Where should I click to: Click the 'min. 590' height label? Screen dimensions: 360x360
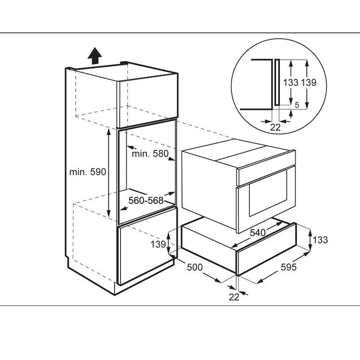pyautogui.click(x=87, y=172)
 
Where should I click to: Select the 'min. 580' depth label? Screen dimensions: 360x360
pyautogui.click(x=150, y=154)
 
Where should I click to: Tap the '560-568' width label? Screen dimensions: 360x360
pyautogui.click(x=146, y=200)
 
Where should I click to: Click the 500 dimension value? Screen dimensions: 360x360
pyautogui.click(x=194, y=267)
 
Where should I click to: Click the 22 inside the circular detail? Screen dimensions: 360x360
pyautogui.click(x=275, y=127)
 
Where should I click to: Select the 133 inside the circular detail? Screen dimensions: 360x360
pyautogui.click(x=291, y=82)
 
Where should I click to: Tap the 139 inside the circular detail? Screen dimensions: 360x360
pyautogui.click(x=309, y=82)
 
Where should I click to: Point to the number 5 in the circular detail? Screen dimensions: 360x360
pyautogui.click(x=297, y=104)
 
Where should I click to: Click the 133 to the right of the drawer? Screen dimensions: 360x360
pyautogui.click(x=320, y=240)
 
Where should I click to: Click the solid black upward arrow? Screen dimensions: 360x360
pyautogui.click(x=94, y=57)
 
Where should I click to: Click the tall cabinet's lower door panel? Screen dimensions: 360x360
pyautogui.click(x=146, y=254)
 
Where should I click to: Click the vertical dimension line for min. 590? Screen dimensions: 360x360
pyautogui.click(x=108, y=172)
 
